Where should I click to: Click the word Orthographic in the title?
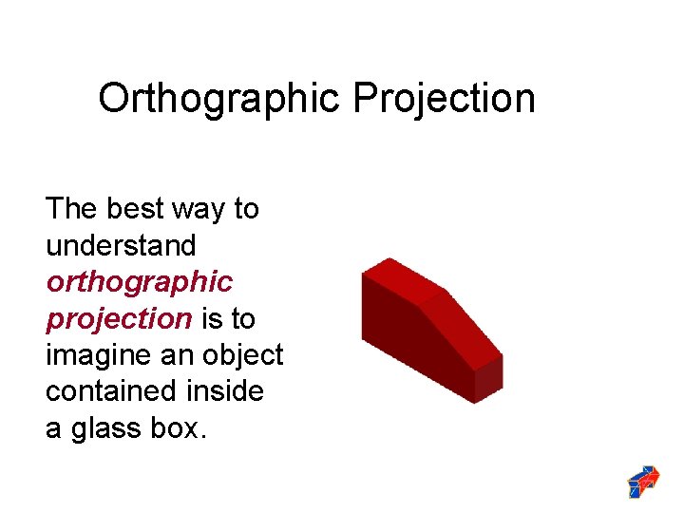pyautogui.click(x=220, y=99)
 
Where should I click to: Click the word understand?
pyautogui.click(x=121, y=245)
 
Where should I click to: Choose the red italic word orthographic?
pyautogui.click(x=139, y=282)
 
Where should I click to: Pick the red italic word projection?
pyautogui.click(x=119, y=319)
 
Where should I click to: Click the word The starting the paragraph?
pyautogui.click(x=72, y=208)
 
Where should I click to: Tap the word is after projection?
pyautogui.click(x=215, y=318)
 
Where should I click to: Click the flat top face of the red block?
pyautogui.click(x=403, y=280)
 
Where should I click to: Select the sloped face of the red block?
pyautogui.click(x=460, y=328)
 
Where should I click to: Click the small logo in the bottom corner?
pyautogui.click(x=644, y=482)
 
